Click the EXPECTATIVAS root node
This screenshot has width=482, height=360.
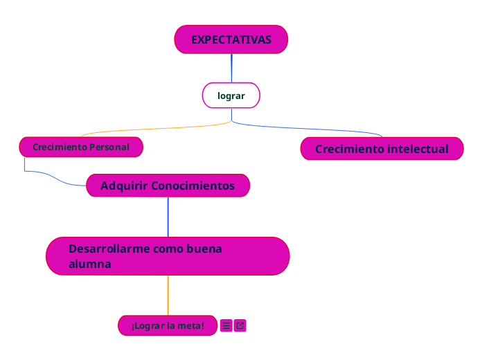tap(231, 39)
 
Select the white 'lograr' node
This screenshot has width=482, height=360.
tap(231, 96)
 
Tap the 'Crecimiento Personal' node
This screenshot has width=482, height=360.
tap(81, 147)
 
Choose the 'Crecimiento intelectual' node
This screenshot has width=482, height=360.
tap(382, 149)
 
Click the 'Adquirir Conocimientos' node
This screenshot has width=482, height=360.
tap(168, 186)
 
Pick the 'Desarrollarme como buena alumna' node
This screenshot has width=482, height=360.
tap(168, 256)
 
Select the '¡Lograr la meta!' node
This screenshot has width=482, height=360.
tap(168, 325)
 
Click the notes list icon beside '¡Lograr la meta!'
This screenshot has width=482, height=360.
tap(226, 325)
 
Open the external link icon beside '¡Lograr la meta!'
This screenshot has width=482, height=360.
tap(240, 325)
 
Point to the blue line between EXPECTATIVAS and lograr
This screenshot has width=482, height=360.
tap(231, 68)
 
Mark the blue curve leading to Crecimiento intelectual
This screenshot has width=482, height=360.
tap(312, 128)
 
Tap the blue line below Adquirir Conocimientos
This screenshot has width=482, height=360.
tap(168, 217)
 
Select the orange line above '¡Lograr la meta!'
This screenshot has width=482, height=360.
tap(168, 296)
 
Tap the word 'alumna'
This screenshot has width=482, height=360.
tap(90, 264)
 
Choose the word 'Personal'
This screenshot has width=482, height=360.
tap(109, 147)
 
